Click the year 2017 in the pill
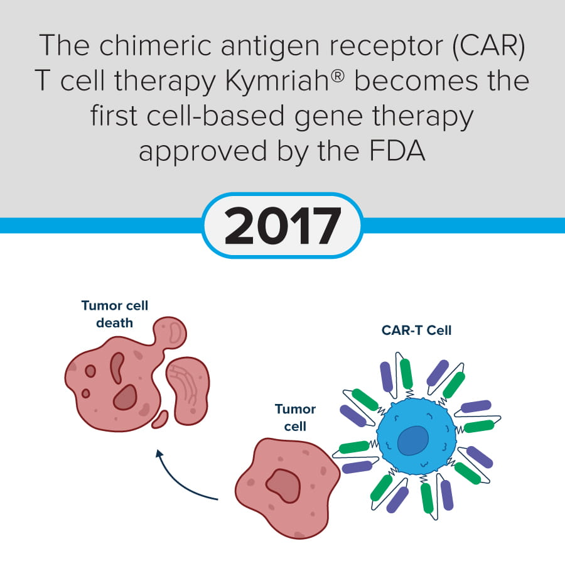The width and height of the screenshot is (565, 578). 282,225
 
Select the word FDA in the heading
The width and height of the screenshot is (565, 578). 397,151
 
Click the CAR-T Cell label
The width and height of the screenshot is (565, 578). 416,330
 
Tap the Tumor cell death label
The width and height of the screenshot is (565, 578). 114,314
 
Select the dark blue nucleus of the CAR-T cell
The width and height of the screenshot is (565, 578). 413,440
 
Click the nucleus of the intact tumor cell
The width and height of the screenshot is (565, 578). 283,486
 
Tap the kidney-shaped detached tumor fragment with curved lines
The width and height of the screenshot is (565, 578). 188,391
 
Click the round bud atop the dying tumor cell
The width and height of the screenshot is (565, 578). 170,332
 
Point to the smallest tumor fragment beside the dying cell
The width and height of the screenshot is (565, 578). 160,420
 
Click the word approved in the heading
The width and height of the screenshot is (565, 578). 203,152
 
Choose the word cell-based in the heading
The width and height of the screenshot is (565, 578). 215,116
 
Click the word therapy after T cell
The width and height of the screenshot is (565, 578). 164,82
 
